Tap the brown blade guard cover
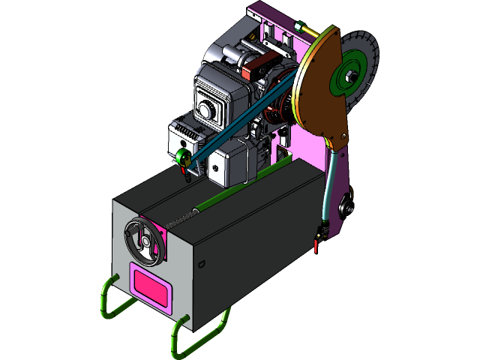(319, 94)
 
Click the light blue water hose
(328, 187)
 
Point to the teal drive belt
(240, 120)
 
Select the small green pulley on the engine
(181, 157)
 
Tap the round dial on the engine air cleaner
(205, 109)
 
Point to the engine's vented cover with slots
(184, 136)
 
